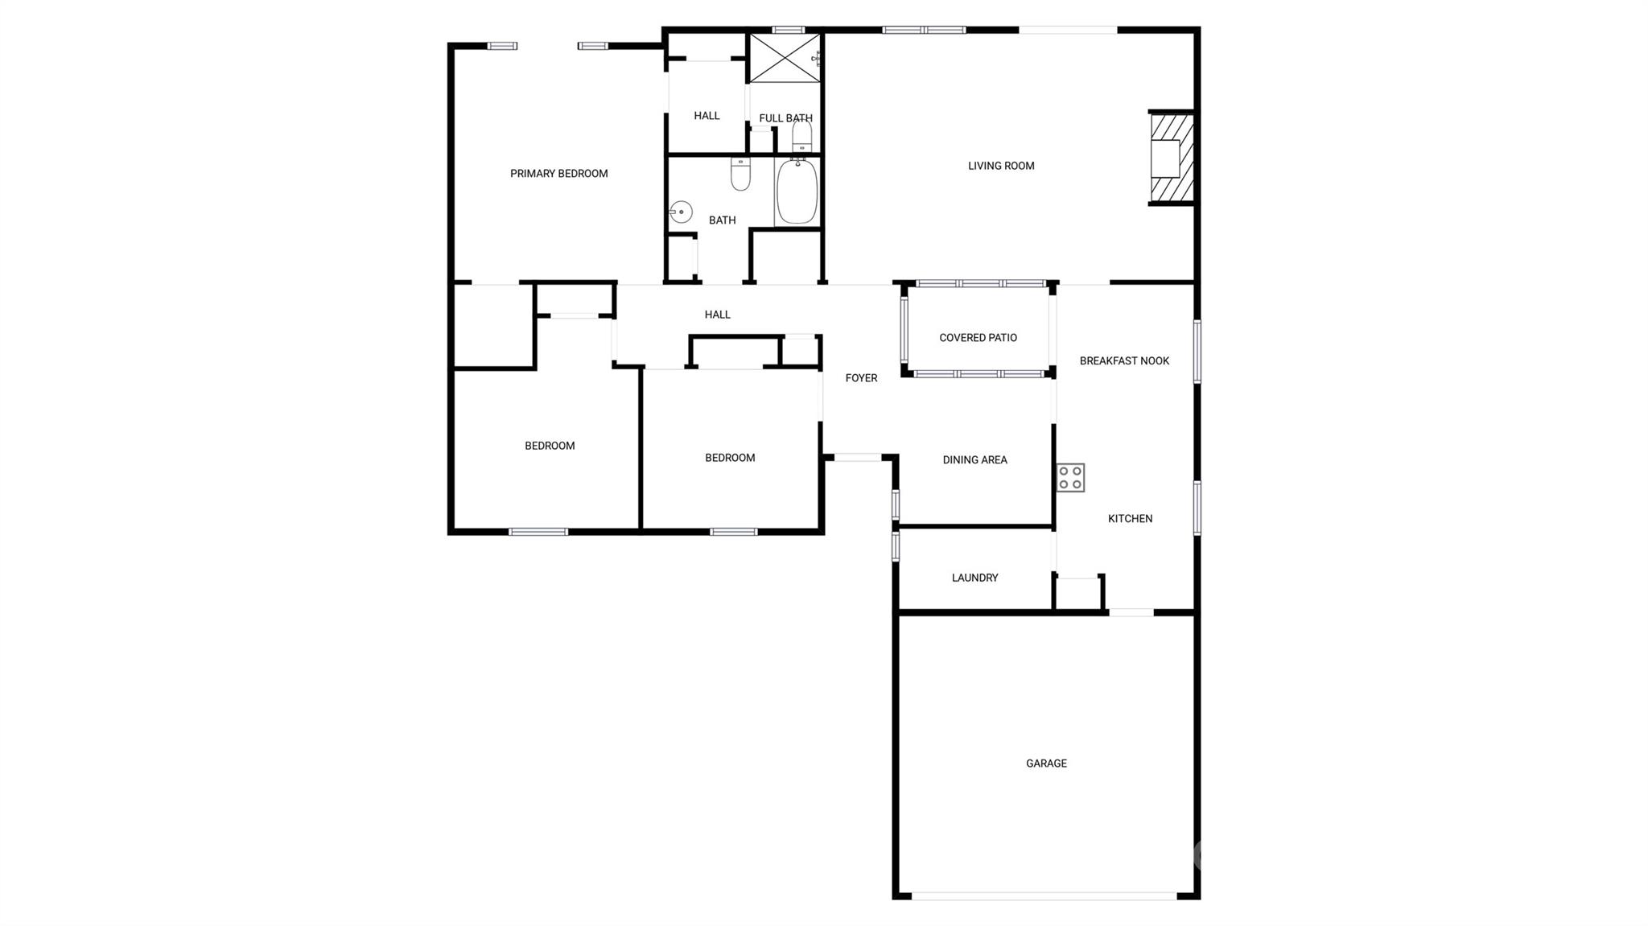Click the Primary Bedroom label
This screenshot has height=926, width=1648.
[558, 174]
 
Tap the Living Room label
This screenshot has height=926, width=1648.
[1001, 166]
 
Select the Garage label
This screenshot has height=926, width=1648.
[1046, 763]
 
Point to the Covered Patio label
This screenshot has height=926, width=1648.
[978, 338]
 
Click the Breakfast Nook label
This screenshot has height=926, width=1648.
[1124, 361]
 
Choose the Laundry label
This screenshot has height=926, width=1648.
[974, 578]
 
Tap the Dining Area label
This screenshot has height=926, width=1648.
[974, 460]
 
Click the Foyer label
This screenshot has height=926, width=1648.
[861, 378]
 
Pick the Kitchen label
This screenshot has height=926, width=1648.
[1130, 519]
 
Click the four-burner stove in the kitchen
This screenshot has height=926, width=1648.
[1071, 478]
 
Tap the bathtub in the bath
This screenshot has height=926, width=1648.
[797, 191]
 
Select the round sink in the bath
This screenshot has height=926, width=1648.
[681, 212]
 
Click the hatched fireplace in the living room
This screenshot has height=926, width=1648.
[1171, 158]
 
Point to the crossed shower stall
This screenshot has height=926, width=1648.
[785, 58]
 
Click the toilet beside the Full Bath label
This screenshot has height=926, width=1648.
[802, 136]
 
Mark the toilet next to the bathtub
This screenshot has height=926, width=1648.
[740, 174]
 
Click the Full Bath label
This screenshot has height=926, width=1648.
[785, 118]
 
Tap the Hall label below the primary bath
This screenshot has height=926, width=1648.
[717, 315]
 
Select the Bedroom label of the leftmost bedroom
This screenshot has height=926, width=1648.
[550, 446]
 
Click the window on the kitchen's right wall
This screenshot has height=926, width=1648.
[1197, 508]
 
